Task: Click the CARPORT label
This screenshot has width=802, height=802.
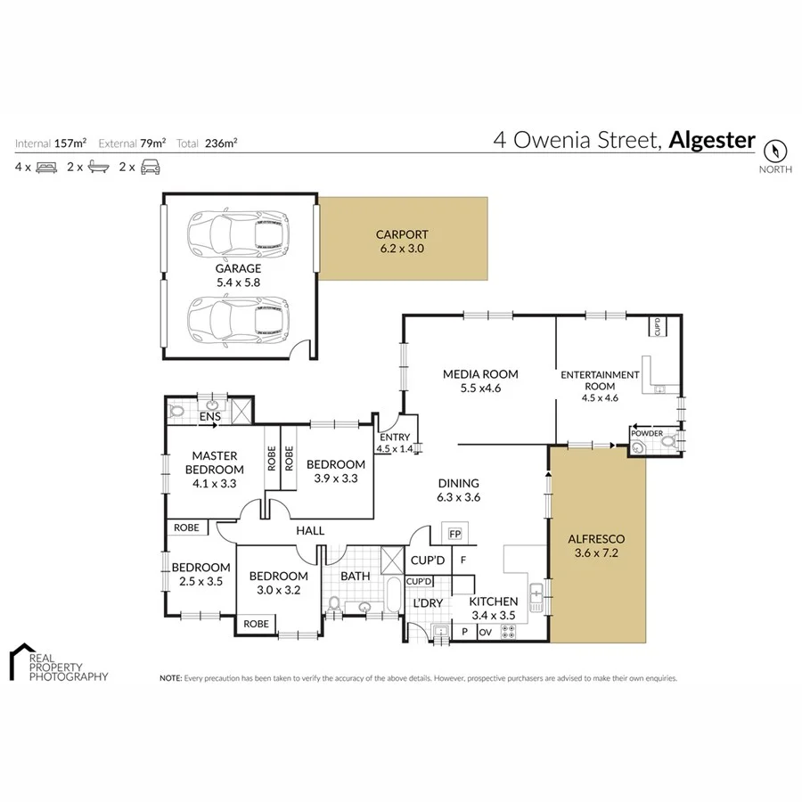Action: (x=403, y=235)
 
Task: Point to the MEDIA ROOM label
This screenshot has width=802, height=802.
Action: (x=480, y=374)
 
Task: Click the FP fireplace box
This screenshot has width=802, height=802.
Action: (x=454, y=535)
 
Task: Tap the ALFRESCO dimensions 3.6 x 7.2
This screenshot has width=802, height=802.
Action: (x=596, y=553)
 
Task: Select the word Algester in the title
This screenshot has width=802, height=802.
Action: (x=712, y=140)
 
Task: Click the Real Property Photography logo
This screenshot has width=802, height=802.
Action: (x=58, y=664)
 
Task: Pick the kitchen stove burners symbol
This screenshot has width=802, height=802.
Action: (x=510, y=632)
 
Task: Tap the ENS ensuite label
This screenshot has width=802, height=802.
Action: (x=209, y=416)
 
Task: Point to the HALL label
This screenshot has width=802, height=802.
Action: (x=310, y=531)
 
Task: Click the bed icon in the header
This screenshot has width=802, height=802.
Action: (x=46, y=167)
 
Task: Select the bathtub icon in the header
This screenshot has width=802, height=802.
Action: (x=98, y=167)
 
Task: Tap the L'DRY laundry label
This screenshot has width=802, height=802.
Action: (x=428, y=603)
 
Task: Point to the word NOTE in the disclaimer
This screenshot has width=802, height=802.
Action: (x=170, y=678)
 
